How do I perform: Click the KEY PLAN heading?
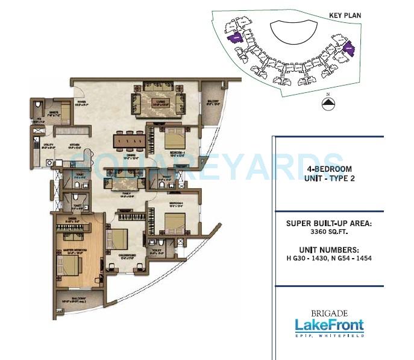click(x=345, y=15)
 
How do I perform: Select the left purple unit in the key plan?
click(x=234, y=38)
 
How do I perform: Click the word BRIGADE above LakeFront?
click(x=329, y=312)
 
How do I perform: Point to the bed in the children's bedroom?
click(x=118, y=238)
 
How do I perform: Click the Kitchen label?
click(x=75, y=145)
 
